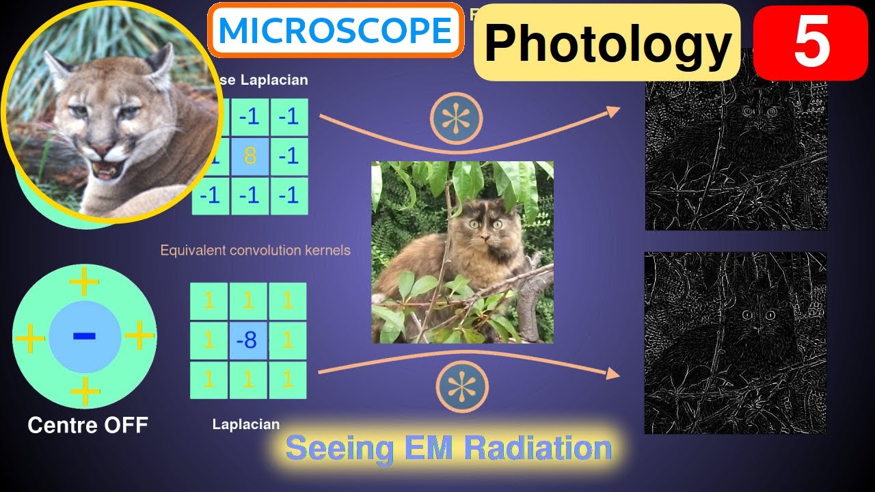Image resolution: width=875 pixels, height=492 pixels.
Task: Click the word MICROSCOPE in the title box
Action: (336, 30)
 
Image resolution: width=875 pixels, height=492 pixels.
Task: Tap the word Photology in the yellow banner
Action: (607, 44)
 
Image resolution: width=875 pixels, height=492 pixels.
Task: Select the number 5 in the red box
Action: (811, 42)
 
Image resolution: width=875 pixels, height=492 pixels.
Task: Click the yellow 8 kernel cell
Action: (250, 156)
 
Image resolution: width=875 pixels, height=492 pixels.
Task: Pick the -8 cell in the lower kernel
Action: (248, 340)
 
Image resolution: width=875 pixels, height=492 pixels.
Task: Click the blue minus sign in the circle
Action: (84, 336)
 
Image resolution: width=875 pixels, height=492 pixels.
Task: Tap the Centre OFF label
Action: (87, 425)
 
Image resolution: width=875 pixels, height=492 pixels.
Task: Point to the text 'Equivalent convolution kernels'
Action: (255, 250)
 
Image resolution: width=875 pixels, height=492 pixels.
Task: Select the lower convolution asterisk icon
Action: (463, 386)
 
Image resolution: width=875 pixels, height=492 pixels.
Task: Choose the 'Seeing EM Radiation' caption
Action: (448, 448)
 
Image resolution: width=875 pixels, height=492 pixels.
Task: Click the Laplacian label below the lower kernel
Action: (246, 424)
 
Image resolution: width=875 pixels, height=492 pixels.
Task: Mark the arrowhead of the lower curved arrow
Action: (614, 374)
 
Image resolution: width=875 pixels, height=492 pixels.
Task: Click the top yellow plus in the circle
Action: (85, 281)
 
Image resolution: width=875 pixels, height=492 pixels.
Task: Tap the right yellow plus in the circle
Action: (139, 336)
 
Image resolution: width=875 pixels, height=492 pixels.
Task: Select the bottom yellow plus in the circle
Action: (85, 392)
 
